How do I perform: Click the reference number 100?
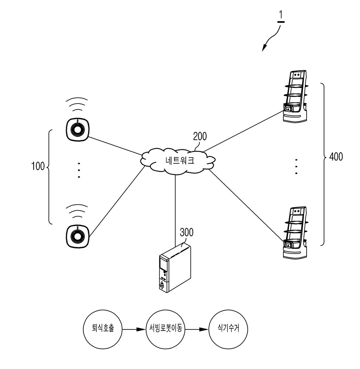pos(38,166)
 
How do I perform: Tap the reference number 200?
pos(200,136)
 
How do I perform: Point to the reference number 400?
pos(336,157)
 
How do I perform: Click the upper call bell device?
pos(78,129)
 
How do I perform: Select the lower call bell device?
pos(78,236)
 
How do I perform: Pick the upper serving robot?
pos(295,96)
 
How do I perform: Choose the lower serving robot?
pos(295,232)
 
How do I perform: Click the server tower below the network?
pos(175,268)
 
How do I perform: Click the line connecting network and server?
pos(175,210)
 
